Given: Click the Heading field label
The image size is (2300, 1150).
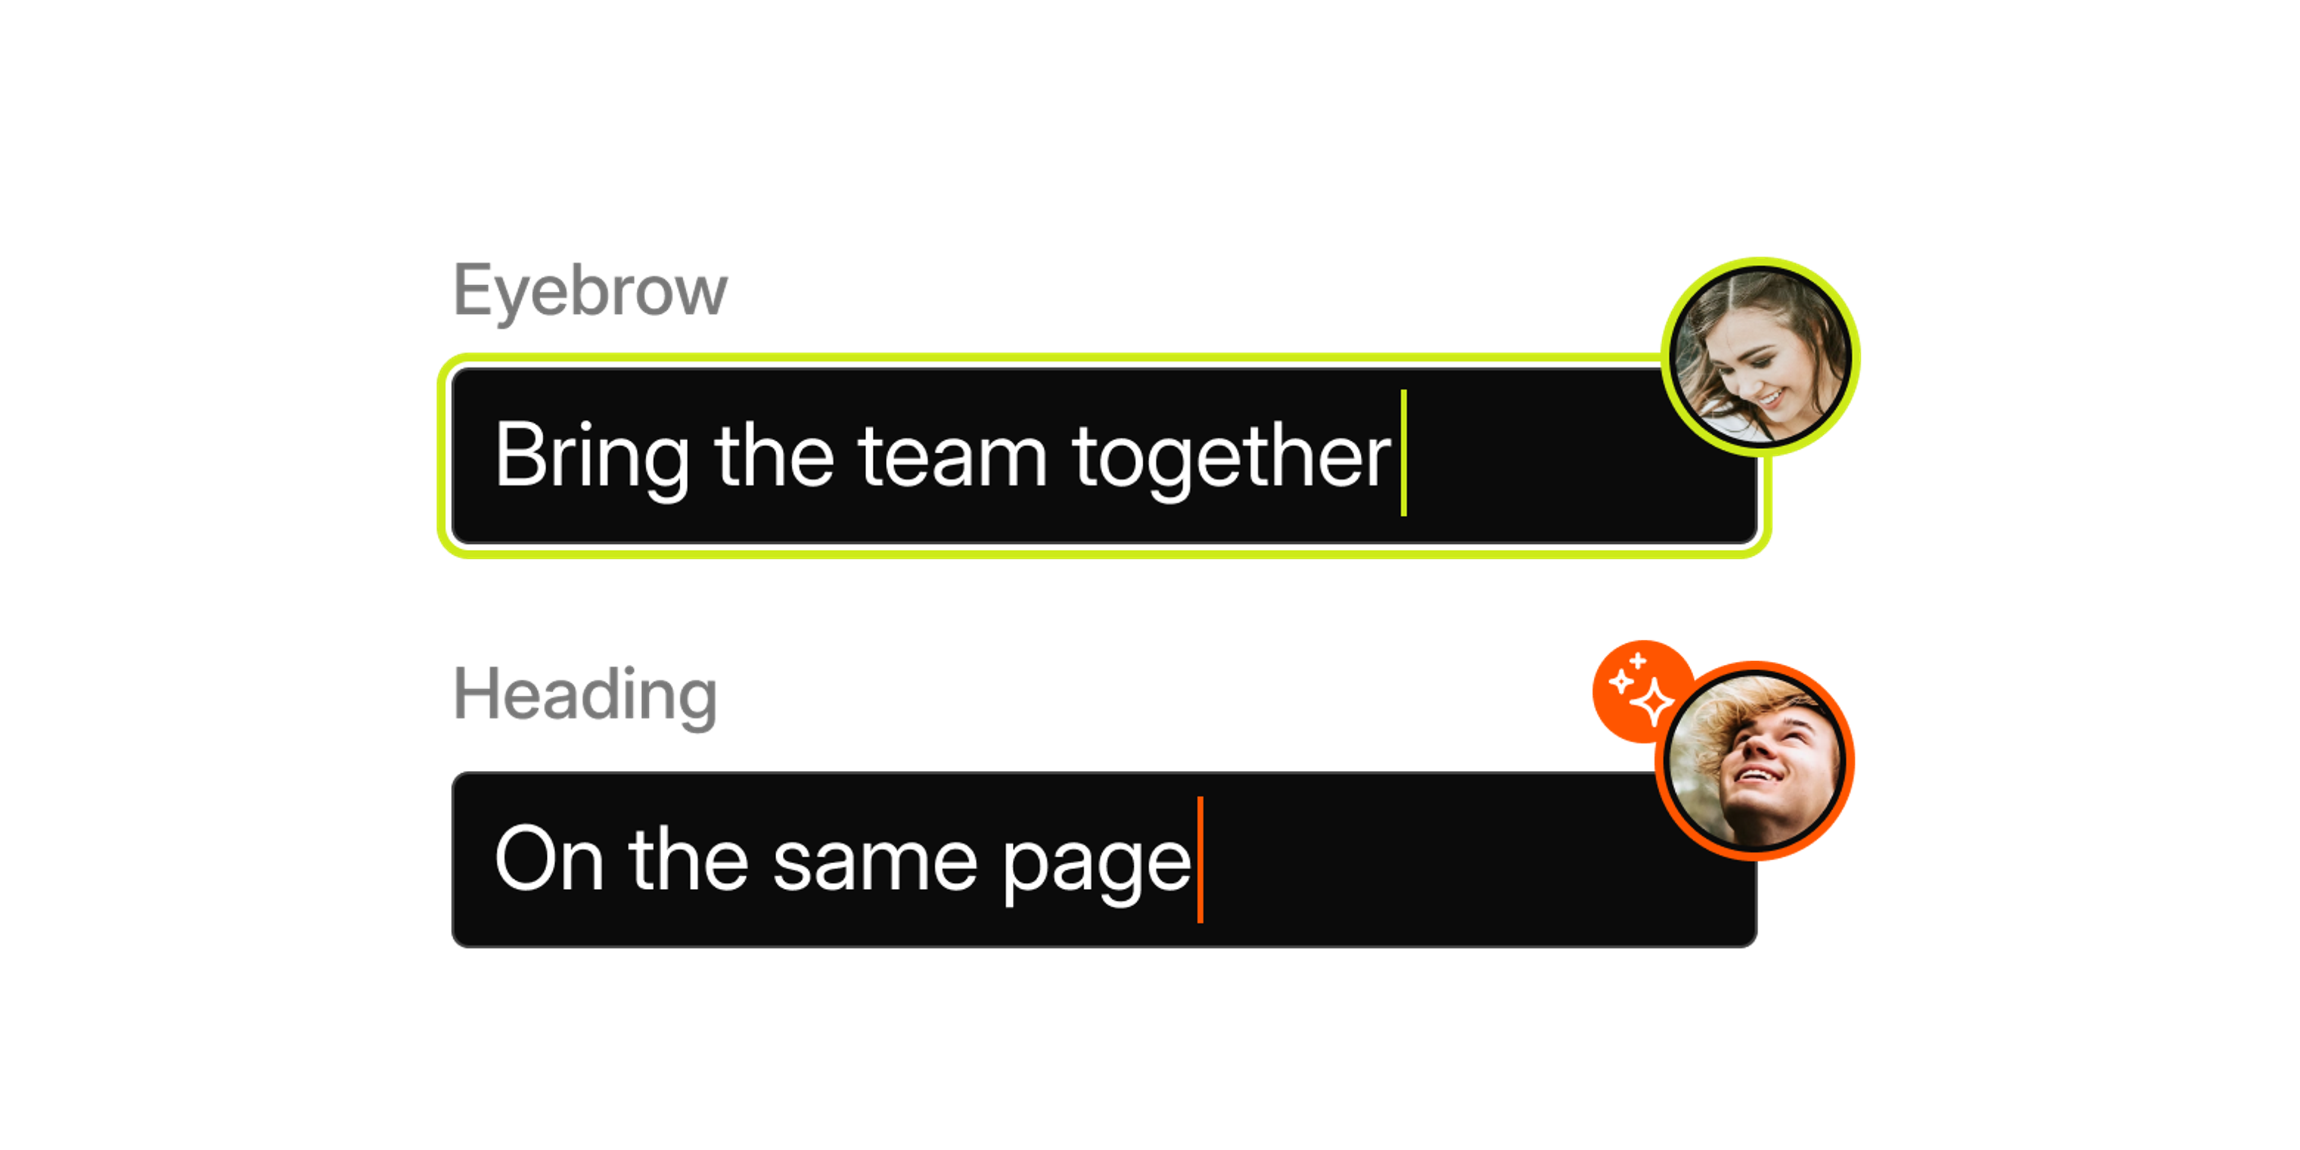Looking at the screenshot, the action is coord(585,695).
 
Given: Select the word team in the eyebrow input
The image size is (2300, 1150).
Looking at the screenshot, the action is coord(953,456).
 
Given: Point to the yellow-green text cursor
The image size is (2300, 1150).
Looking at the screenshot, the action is coord(1403,453).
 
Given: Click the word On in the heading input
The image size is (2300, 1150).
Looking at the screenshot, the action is coord(549,859).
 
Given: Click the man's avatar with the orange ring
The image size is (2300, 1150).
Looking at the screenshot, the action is coord(1754,761).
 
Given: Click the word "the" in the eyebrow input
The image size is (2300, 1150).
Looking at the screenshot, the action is coord(774,456).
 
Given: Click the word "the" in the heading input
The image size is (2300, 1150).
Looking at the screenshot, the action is coord(688,859).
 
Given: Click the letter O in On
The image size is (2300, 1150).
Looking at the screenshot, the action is coord(525,858).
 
